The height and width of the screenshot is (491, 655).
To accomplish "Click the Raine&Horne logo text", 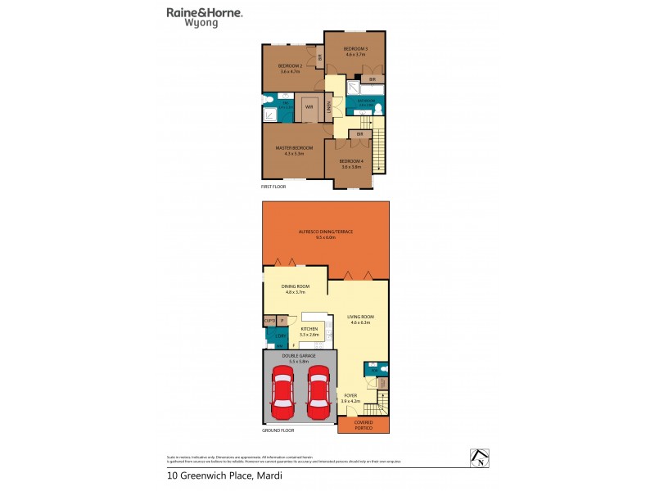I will (x=204, y=12).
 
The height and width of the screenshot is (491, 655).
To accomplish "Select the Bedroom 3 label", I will (x=355, y=51).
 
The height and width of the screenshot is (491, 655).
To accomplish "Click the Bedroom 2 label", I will (x=290, y=68).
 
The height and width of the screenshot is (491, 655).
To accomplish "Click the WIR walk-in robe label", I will (x=309, y=106).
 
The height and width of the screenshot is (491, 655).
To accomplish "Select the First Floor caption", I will (x=273, y=187).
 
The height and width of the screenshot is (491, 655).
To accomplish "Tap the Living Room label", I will (x=359, y=319).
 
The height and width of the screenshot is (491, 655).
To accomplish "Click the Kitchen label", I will (x=309, y=331).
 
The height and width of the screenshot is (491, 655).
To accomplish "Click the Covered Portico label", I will (x=363, y=424).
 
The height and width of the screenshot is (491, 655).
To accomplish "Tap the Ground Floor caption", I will (x=278, y=430).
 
